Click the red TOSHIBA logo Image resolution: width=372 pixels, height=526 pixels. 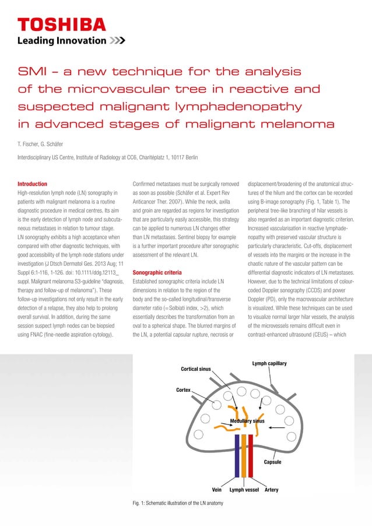click(62, 24)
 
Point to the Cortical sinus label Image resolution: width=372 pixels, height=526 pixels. click(196, 369)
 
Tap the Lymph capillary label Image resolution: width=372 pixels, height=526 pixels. click(269, 363)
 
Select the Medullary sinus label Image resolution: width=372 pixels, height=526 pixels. click(247, 420)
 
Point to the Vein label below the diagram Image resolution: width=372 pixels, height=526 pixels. click(218, 490)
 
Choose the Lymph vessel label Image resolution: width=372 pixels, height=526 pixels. click(244, 490)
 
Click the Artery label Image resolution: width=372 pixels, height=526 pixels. click(271, 490)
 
